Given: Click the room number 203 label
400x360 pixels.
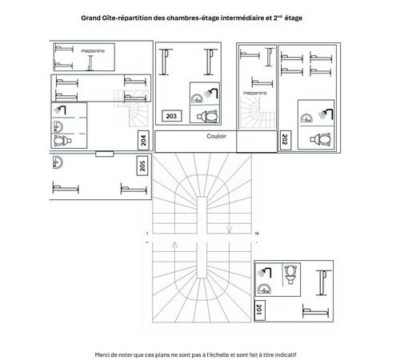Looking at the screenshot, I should (x=171, y=116).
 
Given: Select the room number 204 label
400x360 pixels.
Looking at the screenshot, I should (x=142, y=139).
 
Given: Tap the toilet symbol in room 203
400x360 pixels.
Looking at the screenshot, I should (x=210, y=116).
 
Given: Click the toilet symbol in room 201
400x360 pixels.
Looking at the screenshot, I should (x=291, y=275).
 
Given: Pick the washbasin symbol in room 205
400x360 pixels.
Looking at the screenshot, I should (x=58, y=161).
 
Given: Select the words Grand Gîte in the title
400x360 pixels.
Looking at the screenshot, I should (x=100, y=16).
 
